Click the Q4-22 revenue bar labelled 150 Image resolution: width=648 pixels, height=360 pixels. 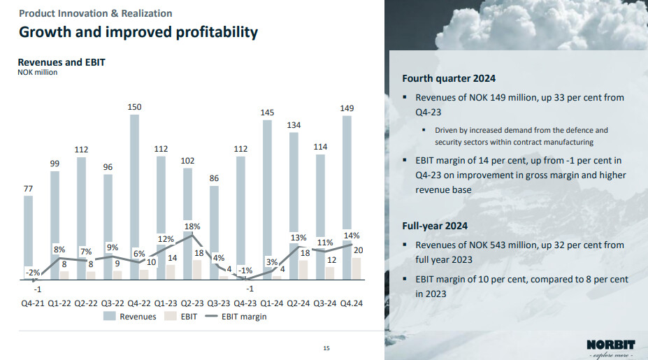tap(134, 196)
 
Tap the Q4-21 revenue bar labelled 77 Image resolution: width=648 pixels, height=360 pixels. tap(28, 237)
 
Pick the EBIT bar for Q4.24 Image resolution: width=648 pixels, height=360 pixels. tap(357, 268)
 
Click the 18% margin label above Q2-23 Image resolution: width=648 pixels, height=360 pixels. tap(192, 226)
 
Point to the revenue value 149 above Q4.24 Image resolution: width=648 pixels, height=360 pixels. tap(347, 108)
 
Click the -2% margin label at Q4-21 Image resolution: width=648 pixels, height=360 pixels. tap(32, 273)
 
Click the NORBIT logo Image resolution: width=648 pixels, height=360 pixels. tap(611, 344)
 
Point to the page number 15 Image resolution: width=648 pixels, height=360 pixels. tap(326, 347)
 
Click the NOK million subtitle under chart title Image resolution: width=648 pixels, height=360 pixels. tap(38, 72)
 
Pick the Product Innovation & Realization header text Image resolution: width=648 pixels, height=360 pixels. tap(95, 13)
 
